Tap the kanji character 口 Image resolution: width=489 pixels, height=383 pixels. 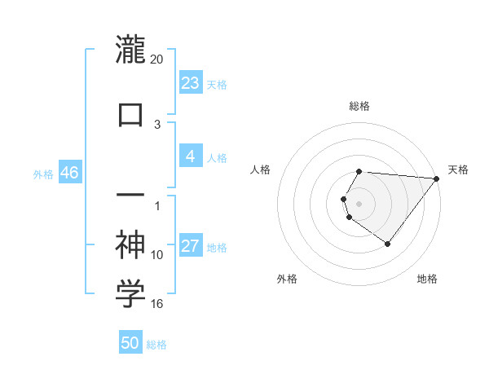[x=130, y=113]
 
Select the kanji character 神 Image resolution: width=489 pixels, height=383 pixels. [x=130, y=244]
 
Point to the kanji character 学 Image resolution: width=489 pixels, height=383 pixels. [x=130, y=295]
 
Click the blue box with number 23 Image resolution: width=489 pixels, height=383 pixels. [x=190, y=83]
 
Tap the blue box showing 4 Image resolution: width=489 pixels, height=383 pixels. [x=190, y=156]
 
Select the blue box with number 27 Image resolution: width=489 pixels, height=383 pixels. [x=190, y=246]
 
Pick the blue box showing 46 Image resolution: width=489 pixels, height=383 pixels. [x=69, y=173]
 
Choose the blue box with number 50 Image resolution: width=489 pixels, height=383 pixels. [x=130, y=343]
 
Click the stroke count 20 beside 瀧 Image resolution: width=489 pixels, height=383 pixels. [x=157, y=59]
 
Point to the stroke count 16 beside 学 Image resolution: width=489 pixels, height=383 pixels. [x=157, y=304]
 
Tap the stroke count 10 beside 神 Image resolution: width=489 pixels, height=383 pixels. [x=157, y=255]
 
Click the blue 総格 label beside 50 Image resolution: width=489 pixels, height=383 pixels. [x=156, y=345]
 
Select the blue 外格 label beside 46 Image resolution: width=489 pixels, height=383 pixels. [x=43, y=174]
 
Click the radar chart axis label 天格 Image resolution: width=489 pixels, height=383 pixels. [x=458, y=169]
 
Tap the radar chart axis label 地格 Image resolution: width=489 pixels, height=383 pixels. [x=427, y=279]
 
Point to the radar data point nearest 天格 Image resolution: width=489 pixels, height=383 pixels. [x=437, y=178]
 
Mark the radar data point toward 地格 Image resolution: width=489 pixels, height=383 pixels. [x=387, y=244]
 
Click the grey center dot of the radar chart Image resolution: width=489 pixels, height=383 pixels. [x=359, y=203]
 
